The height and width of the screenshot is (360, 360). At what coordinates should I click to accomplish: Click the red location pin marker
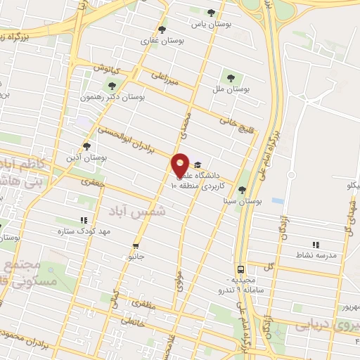pyautogui.click(x=181, y=166)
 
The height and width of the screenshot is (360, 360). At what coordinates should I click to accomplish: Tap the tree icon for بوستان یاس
pyautogui.click(x=212, y=12)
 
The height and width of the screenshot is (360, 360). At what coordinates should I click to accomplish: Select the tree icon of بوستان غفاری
pyautogui.click(x=162, y=30)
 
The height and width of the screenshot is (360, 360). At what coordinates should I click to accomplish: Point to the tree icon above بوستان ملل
pyautogui.click(x=229, y=77)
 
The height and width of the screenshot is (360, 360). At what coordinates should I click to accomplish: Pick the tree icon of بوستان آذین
pyautogui.click(x=86, y=146)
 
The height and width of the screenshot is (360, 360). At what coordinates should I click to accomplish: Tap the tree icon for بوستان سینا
pyautogui.click(x=242, y=190)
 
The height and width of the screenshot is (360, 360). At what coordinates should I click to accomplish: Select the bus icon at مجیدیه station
pyautogui.click(x=241, y=269)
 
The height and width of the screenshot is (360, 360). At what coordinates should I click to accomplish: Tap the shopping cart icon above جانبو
pyautogui.click(x=135, y=247)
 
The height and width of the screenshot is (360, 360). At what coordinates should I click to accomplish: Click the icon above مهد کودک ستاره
pyautogui.click(x=84, y=219)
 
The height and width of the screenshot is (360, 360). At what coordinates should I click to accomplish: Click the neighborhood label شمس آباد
pyautogui.click(x=141, y=210)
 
